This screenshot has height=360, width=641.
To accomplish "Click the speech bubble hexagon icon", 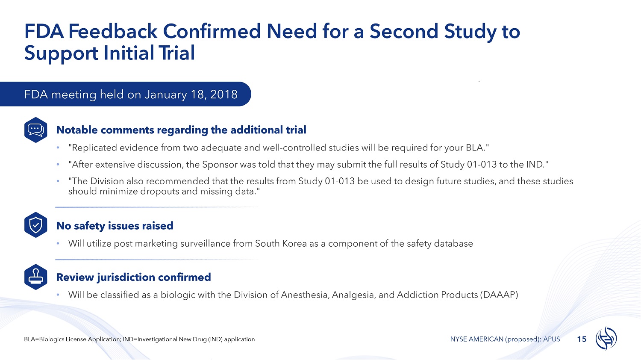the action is coord(36,130).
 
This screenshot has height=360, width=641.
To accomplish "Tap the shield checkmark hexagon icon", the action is coord(36,225).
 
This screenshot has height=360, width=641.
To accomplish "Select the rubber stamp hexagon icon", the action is coord(36,277).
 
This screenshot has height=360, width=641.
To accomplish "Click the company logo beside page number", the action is coord(606,339).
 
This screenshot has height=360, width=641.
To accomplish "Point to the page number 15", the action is coord(582,339).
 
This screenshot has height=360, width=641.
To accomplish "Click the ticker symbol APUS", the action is coord(551,339).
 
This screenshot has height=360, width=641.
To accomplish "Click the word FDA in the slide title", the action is coord(44,31).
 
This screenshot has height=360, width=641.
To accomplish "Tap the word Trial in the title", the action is coord(177,53).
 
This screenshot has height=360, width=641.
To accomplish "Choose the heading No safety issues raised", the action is coord(115,226).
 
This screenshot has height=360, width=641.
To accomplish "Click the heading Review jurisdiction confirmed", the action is coord(134,277).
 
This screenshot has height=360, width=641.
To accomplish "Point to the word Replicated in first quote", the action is coord(93,148).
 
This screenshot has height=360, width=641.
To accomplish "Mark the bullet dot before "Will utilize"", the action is coord(58,243).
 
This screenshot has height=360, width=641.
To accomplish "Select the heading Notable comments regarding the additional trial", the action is coord(181,130).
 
